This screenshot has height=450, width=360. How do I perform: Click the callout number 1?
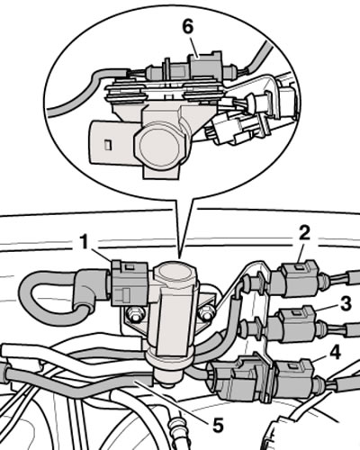coord(85,242)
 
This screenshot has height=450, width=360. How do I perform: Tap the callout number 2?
coord(303,233)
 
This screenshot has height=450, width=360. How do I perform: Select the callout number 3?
coord(346,303)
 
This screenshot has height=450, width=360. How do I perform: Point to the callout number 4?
coord(335,352)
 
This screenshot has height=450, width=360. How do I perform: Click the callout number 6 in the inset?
coord(188,28)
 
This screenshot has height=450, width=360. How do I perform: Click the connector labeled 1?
coord(130,283)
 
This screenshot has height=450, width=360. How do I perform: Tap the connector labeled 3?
coord(295,325)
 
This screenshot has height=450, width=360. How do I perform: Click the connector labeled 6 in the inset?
coord(205,66)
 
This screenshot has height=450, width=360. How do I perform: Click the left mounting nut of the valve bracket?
coord(134,315)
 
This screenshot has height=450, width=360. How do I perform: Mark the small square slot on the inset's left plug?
coord(108,145)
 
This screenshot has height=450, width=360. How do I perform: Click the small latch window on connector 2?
coord(300,265)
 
